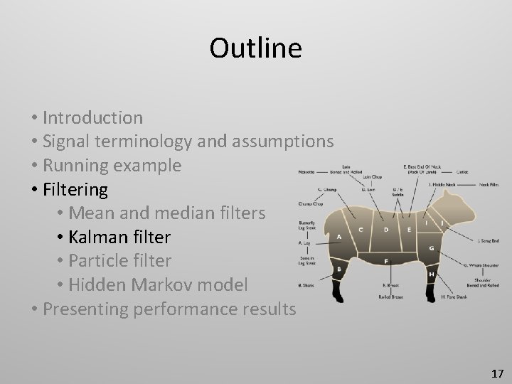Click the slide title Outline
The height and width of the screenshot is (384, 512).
pos(255,48)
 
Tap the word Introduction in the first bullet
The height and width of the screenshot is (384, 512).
pos(92,117)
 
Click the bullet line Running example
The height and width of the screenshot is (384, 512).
pos(112,166)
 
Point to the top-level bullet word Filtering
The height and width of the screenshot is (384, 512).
pos(75,190)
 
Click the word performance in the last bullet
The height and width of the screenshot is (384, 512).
pos(192,309)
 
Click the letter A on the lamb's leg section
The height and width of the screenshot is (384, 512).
pos(339,236)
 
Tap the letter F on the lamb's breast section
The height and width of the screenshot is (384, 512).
pos(385,261)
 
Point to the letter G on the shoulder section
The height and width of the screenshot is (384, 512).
pos(432,247)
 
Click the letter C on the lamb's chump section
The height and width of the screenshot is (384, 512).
pos(361,230)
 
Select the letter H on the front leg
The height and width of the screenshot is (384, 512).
pos(432,274)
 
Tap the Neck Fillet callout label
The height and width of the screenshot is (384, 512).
pos(488,184)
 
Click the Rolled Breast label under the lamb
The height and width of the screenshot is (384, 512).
pos(392,297)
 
